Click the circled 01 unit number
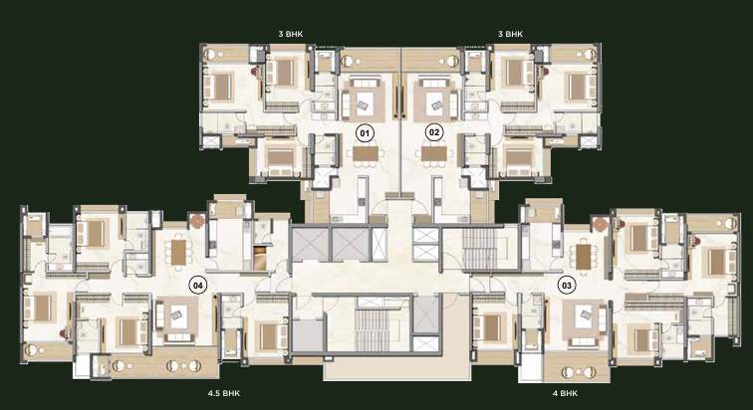(365, 131)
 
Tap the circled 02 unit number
(433, 131)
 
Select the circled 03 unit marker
(567, 285)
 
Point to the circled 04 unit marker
(198, 286)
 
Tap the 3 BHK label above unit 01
(291, 35)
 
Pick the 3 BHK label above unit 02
(510, 35)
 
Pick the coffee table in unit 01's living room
(360, 99)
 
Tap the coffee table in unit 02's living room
(436, 99)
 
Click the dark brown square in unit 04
(261, 257)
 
